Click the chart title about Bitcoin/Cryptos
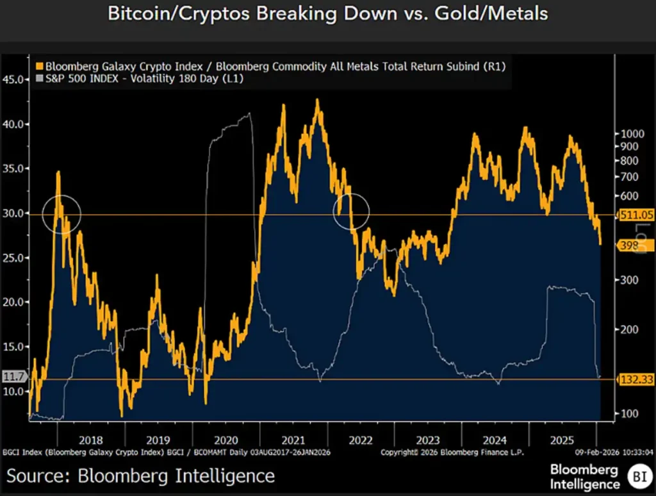pos(327,14)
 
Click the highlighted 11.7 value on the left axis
pos(13,377)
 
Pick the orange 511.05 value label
pos(636,215)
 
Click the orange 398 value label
pos(630,245)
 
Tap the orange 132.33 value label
pos(636,380)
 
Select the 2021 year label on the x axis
pos(293,440)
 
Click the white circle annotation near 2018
pos(61,213)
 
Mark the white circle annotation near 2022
pos(352,211)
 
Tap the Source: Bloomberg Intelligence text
pos(141,476)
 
